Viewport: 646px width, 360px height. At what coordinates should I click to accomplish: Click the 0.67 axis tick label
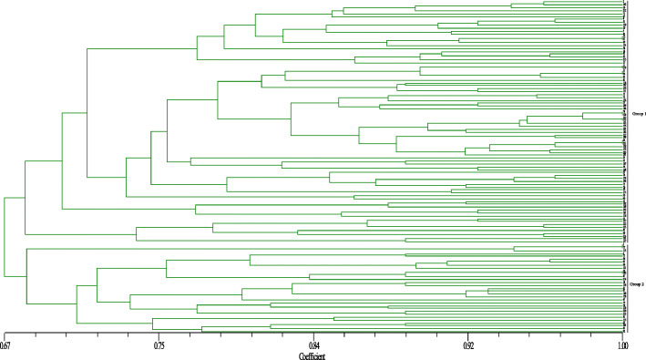pos(5,346)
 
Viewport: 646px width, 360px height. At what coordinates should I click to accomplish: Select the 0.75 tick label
pos(159,346)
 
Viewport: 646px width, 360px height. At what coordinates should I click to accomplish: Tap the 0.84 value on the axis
pos(313,346)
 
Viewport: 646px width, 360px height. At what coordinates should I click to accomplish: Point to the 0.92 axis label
pos(467,346)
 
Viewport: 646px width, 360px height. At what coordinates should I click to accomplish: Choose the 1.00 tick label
pos(622,346)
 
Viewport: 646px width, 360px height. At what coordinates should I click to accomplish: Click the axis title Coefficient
pos(313,355)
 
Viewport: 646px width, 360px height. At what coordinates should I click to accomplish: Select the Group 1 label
pos(636,114)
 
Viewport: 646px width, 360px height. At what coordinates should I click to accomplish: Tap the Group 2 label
pos(636,284)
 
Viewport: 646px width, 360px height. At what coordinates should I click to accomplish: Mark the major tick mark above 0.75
pos(159,336)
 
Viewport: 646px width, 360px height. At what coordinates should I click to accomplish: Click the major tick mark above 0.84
pos(313,336)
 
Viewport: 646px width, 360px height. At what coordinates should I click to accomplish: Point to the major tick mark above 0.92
pos(467,336)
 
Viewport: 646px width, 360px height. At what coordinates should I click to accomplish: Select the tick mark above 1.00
pos(622,336)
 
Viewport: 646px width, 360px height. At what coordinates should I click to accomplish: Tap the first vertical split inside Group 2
pos(26,276)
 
